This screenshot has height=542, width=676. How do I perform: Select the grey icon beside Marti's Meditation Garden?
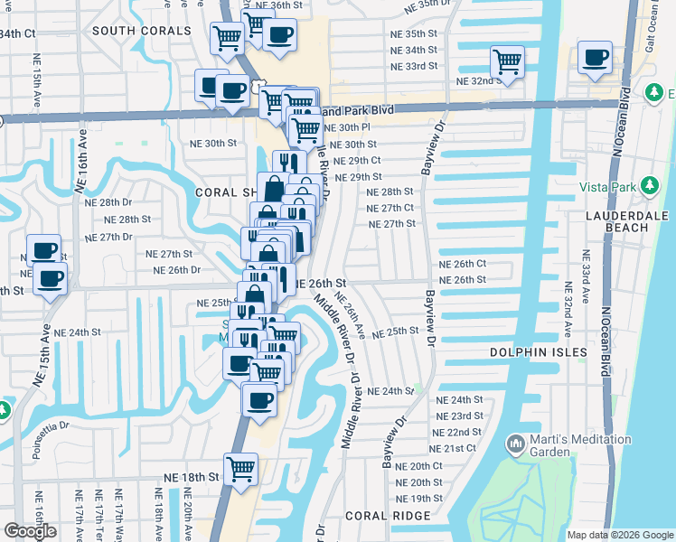tap(515, 444)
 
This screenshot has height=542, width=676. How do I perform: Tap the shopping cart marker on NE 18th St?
tap(240, 469)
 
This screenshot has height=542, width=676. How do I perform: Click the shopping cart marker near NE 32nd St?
tap(507, 62)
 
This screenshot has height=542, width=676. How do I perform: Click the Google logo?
tap(30, 531)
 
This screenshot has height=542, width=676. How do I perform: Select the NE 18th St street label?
tap(192, 476)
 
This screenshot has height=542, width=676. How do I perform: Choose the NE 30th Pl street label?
tap(348, 127)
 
